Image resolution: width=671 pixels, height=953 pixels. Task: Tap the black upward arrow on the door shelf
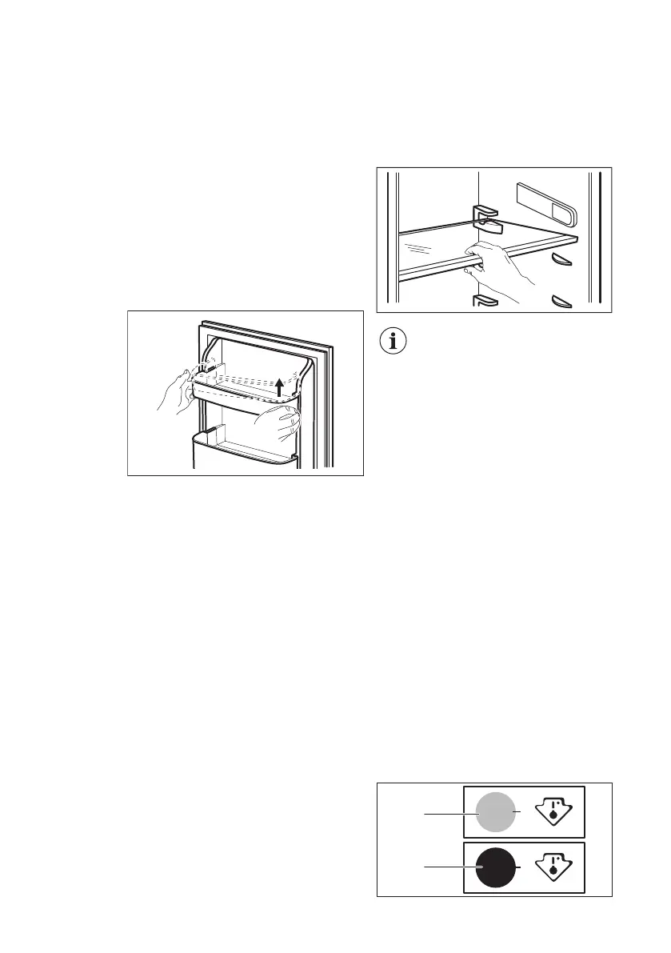tap(279, 388)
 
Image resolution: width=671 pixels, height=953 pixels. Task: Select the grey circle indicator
tap(494, 813)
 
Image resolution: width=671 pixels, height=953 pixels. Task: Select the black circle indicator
tap(494, 867)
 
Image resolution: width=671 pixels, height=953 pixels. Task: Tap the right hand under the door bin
tap(280, 422)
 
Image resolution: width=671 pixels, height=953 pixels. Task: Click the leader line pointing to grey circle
tap(448, 814)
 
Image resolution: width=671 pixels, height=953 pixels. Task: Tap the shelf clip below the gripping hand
tap(485, 301)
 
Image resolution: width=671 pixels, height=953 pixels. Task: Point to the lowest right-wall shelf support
tap(563, 301)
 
